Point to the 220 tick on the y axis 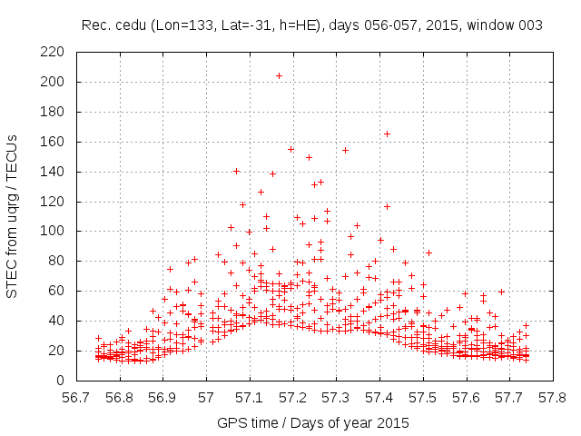point(52,52)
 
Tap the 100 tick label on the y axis point(52,231)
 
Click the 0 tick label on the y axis point(59,380)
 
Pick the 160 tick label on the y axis point(52,142)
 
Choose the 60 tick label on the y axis point(55,291)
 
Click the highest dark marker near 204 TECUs point(279,75)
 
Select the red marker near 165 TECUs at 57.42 point(387,134)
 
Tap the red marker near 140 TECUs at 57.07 point(236,171)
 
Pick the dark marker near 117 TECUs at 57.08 point(242,204)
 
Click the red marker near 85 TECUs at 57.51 point(428,253)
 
